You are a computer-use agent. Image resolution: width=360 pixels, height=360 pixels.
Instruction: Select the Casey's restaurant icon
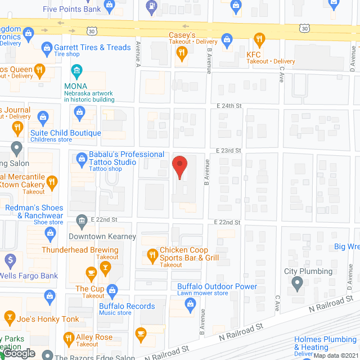[x=181, y=53]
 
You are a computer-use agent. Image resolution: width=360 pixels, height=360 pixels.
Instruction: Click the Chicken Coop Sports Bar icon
[x=152, y=256]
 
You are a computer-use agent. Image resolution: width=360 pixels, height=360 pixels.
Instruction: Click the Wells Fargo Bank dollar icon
[x=10, y=260]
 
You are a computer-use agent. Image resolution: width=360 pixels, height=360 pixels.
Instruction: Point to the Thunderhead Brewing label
[x=80, y=250]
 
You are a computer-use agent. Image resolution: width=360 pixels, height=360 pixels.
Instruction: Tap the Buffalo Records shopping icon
[x=112, y=290]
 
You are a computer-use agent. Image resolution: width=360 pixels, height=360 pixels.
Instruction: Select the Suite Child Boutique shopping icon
[x=42, y=118]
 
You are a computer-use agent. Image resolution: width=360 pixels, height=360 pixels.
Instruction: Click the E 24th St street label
[x=229, y=105]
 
